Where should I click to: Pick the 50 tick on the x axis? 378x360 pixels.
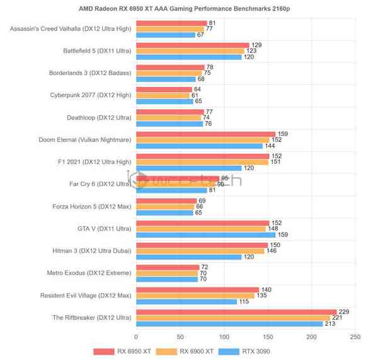(x=180, y=337)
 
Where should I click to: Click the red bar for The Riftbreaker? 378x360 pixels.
(x=236, y=311)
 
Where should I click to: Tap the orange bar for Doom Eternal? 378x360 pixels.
(x=202, y=139)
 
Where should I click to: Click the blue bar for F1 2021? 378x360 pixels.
(x=188, y=168)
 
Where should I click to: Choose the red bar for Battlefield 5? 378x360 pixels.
(x=192, y=45)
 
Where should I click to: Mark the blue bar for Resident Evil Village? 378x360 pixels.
(x=186, y=301)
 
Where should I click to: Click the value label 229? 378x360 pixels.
(x=343, y=311)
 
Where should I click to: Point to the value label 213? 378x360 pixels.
(x=329, y=323)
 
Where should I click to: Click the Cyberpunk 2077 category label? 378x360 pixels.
(x=90, y=95)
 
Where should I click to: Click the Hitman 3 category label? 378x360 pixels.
(x=91, y=250)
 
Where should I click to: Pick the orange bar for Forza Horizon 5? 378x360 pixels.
(x=165, y=206)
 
